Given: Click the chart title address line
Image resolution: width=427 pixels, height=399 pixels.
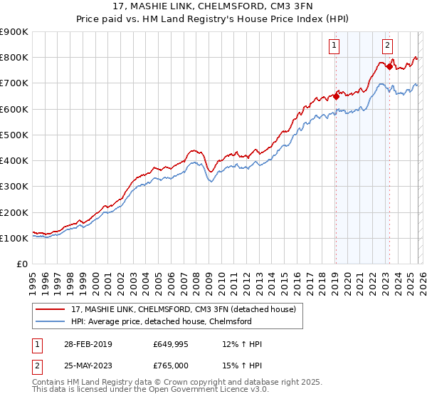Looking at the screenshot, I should (x=213, y=6).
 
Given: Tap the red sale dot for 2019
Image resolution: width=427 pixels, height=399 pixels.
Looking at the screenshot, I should (x=336, y=96).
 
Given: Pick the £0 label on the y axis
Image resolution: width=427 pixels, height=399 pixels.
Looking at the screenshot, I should (x=21, y=264).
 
